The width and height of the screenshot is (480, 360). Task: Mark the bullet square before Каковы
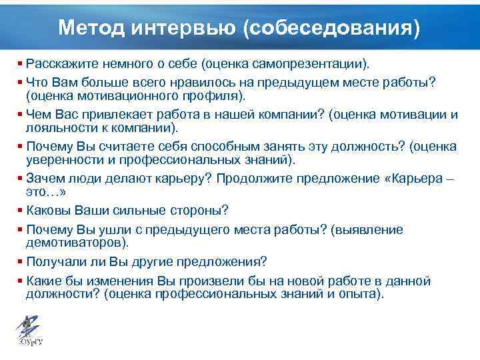(21, 211)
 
